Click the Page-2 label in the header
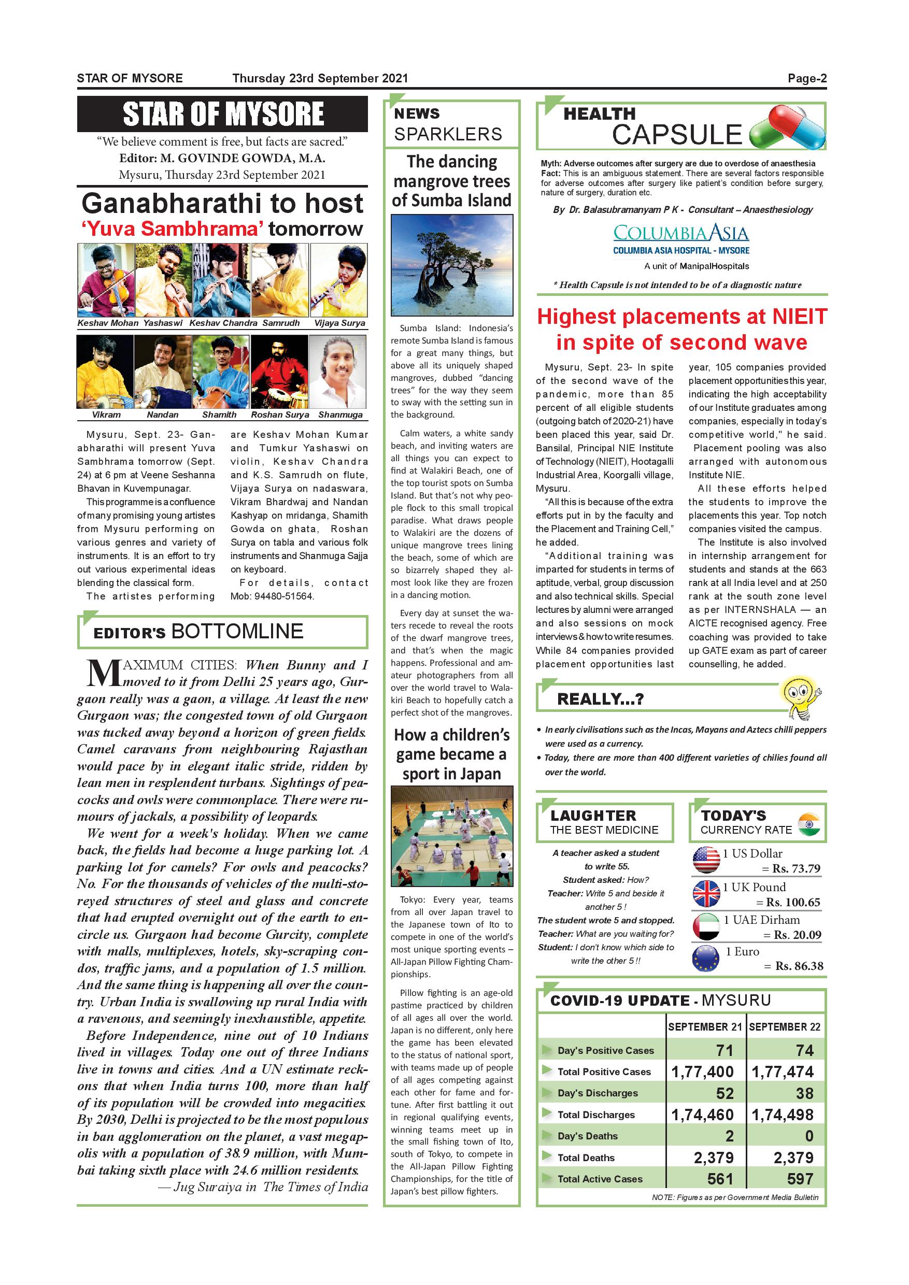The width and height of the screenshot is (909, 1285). (806, 78)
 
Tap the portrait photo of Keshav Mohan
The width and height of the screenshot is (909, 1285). (106, 280)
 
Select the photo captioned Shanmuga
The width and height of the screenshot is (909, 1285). (337, 372)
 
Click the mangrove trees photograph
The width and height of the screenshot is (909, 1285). (451, 265)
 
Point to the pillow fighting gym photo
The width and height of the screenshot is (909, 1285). (451, 836)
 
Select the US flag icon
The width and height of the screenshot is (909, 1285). (706, 860)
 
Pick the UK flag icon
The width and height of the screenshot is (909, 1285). (706, 893)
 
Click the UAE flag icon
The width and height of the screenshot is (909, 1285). (706, 926)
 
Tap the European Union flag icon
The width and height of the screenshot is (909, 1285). (706, 958)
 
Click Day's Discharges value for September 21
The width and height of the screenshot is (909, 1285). (725, 1093)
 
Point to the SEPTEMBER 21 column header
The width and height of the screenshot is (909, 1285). (704, 1027)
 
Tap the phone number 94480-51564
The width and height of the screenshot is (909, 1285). (285, 596)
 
